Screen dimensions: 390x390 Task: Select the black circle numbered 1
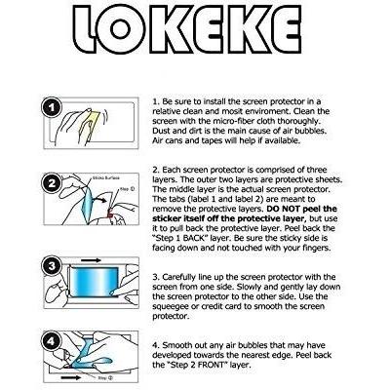(x=52, y=107)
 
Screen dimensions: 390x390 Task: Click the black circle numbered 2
(x=52, y=183)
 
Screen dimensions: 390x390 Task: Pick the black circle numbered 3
(x=52, y=266)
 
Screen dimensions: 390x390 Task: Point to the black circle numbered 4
(x=52, y=341)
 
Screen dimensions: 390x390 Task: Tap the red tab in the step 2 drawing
(x=110, y=214)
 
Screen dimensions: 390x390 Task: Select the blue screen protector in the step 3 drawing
(x=95, y=282)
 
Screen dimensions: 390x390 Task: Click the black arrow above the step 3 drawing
(x=92, y=260)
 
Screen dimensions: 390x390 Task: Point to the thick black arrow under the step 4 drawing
(x=71, y=377)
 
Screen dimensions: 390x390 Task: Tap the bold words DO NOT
(x=284, y=209)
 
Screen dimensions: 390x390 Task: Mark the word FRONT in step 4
(x=212, y=365)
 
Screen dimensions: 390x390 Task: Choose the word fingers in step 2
(x=317, y=248)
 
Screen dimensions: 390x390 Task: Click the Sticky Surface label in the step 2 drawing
(x=106, y=177)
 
